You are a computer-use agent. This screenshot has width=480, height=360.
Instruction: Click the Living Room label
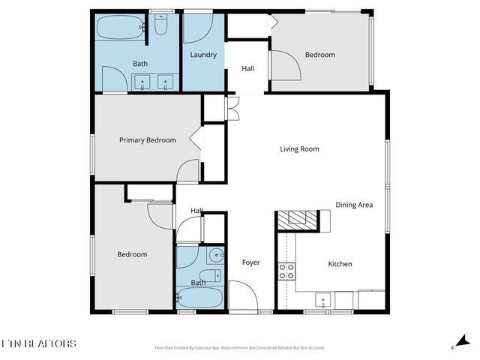click(x=299, y=148)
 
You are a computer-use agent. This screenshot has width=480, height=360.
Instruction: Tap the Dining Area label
click(x=354, y=205)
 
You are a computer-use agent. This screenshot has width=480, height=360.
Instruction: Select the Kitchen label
click(x=340, y=264)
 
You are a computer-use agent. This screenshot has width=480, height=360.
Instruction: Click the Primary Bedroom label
click(x=148, y=140)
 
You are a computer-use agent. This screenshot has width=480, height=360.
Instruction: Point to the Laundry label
click(x=203, y=55)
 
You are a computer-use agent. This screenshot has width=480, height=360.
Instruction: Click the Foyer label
click(x=250, y=262)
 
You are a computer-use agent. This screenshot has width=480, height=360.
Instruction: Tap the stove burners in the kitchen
click(x=286, y=271)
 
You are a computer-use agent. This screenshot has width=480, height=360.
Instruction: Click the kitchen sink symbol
click(x=323, y=298)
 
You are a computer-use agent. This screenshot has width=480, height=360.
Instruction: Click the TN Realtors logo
click(x=38, y=343)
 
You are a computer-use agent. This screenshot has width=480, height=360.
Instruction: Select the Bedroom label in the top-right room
click(x=320, y=55)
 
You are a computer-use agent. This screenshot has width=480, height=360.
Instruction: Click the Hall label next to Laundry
click(x=247, y=69)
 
